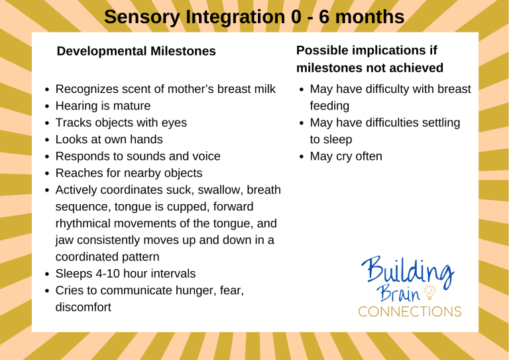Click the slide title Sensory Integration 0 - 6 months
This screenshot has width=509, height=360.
click(x=254, y=17)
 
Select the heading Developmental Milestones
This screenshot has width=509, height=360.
click(x=137, y=51)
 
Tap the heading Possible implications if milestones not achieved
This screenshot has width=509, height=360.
click(x=370, y=59)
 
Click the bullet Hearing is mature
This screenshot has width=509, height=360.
click(x=103, y=105)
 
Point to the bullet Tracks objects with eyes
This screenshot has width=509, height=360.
click(x=121, y=123)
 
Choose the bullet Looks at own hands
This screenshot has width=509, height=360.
click(x=109, y=139)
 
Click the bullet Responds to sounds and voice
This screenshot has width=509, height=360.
click(x=138, y=156)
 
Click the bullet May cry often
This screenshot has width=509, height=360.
click(x=345, y=156)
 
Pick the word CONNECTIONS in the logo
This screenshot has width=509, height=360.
click(x=410, y=311)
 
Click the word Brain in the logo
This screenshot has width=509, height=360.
click(x=402, y=292)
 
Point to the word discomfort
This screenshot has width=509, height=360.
click(x=83, y=307)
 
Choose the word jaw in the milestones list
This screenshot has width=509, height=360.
click(x=64, y=240)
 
